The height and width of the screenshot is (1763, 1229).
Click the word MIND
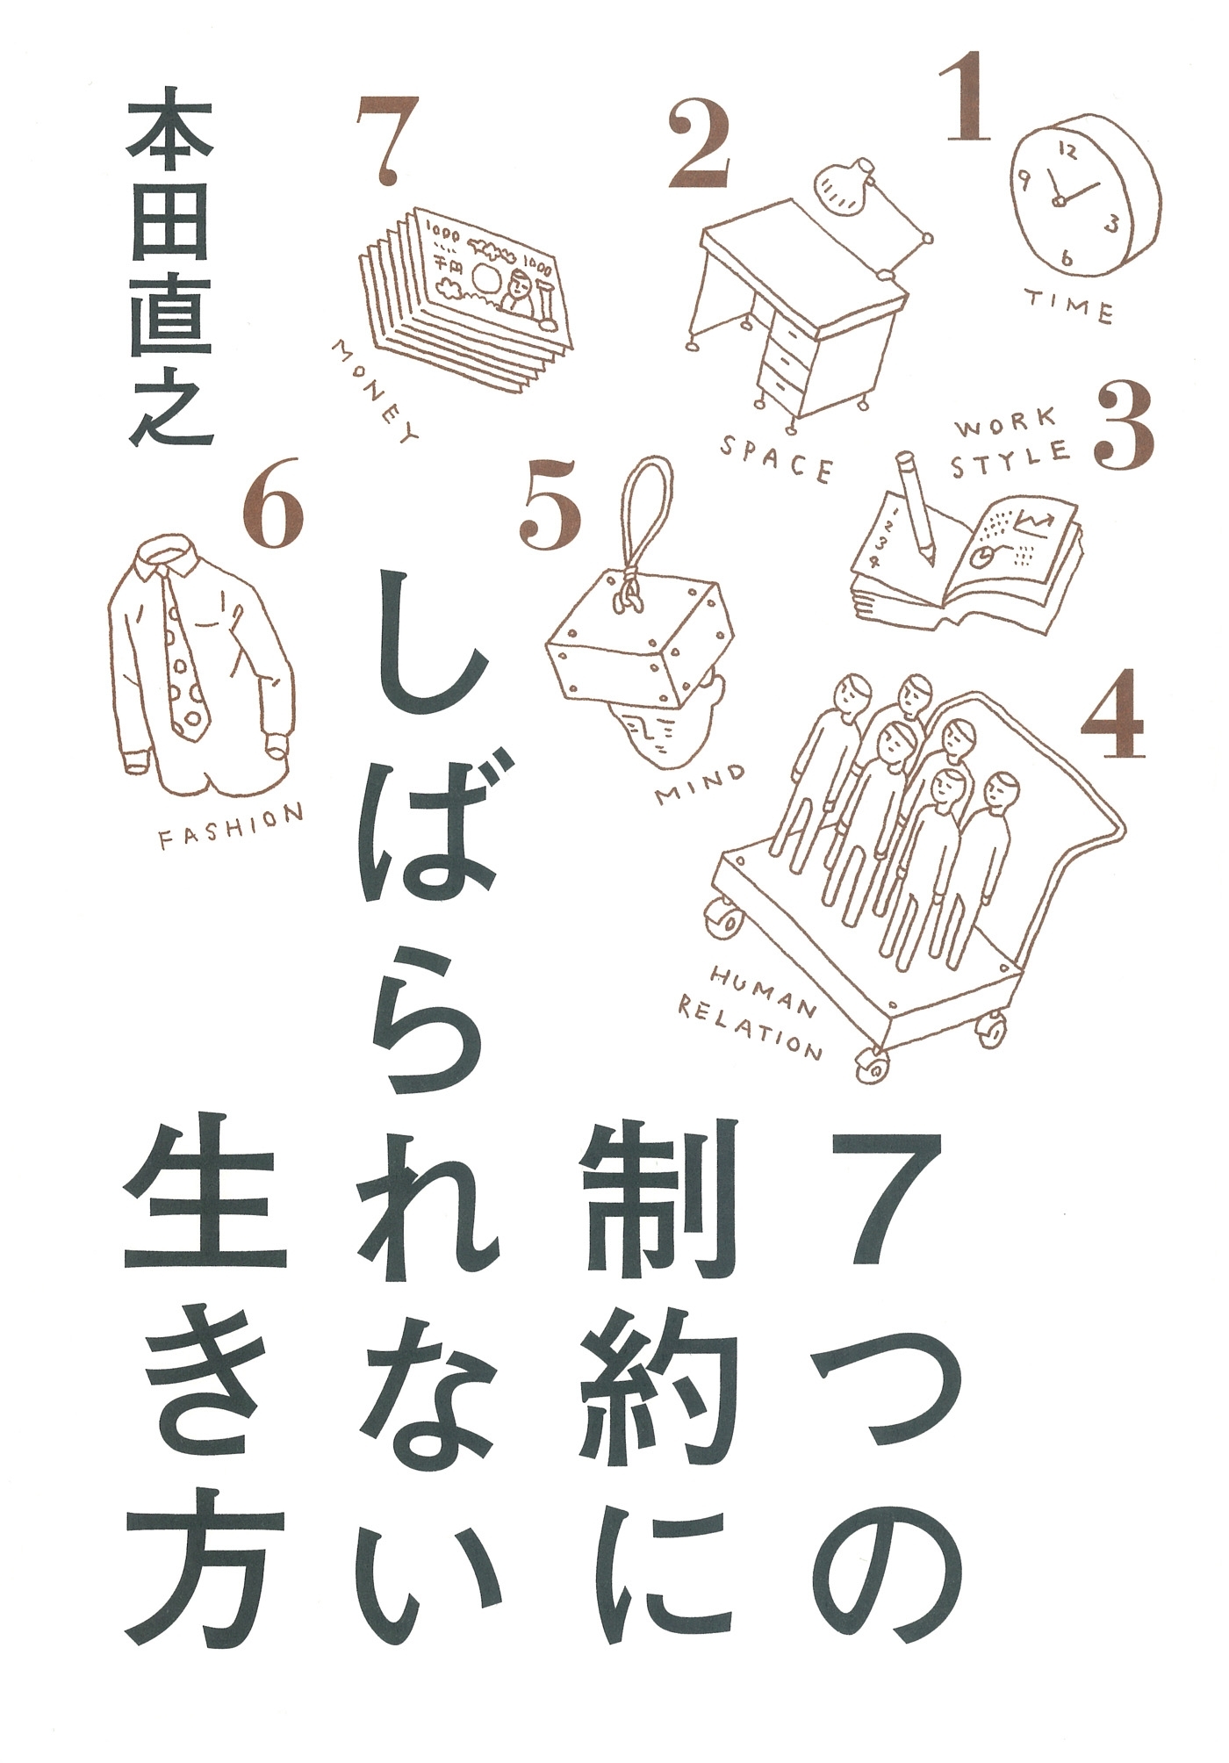(x=700, y=784)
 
